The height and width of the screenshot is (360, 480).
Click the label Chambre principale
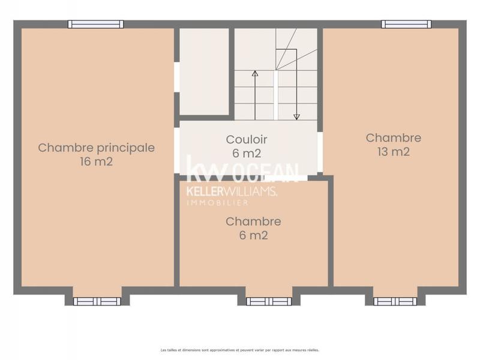(96, 148)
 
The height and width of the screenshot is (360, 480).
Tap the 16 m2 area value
(96, 161)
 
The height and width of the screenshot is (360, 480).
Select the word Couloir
(247, 139)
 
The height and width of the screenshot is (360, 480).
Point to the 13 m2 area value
(394, 152)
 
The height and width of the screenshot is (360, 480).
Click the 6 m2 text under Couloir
(247, 153)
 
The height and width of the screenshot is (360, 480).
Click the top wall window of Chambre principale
(95, 25)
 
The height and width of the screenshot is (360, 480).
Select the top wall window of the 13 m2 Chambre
(406, 25)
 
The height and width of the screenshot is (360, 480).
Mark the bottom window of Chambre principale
(97, 301)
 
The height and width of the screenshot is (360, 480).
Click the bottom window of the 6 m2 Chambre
(269, 301)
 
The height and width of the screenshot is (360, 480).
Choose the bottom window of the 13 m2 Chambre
(395, 301)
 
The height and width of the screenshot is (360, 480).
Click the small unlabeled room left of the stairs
(205, 71)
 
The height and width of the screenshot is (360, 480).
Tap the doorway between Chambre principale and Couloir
(177, 150)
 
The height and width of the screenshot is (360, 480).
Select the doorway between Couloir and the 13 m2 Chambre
(320, 152)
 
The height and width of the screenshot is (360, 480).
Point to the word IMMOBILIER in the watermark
(217, 203)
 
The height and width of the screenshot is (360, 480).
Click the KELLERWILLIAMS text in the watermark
(232, 191)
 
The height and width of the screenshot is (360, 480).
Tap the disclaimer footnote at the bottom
(239, 350)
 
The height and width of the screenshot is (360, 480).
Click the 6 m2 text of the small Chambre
(253, 236)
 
